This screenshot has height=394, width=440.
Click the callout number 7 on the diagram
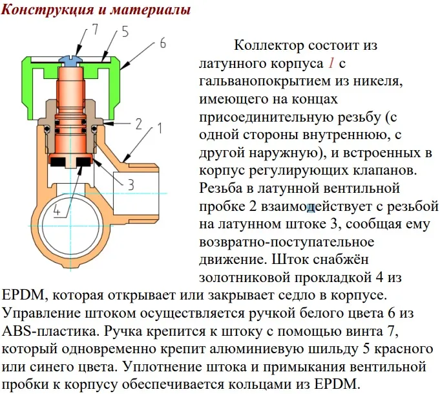click(95, 28)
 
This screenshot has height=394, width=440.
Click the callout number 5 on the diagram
click(125, 32)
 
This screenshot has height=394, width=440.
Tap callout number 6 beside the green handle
click(163, 43)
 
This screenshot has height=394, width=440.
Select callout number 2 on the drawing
click(139, 124)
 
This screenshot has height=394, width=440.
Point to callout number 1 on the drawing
click(159, 128)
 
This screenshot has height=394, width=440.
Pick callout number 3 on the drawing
click(131, 185)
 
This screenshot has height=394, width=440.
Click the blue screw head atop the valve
click(69, 60)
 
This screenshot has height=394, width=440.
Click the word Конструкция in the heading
click(47, 10)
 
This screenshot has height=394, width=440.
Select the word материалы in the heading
click(151, 10)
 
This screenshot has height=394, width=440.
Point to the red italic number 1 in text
click(331, 63)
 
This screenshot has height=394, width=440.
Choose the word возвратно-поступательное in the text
click(287, 242)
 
